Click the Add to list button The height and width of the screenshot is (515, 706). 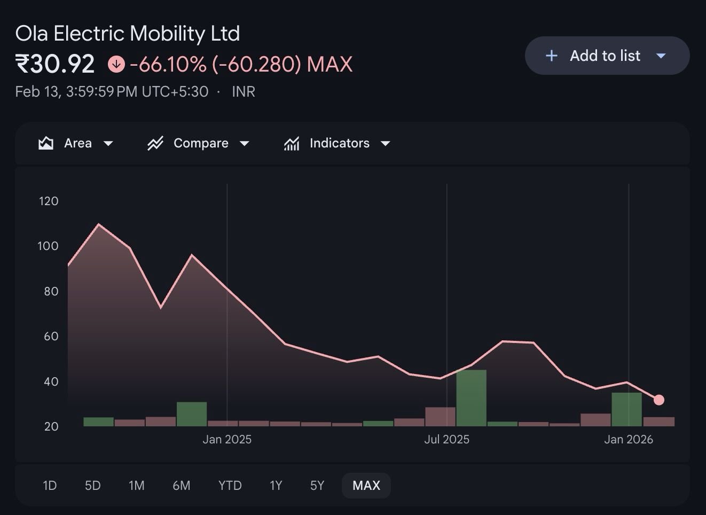point(607,56)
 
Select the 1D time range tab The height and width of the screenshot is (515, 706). point(50,485)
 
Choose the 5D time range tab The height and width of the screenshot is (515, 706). point(93,485)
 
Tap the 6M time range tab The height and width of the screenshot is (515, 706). point(182,485)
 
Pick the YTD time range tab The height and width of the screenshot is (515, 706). point(230,485)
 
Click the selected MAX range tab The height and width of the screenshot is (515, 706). point(366,485)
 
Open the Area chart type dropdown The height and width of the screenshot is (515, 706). point(76,143)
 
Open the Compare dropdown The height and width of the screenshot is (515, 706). point(199,143)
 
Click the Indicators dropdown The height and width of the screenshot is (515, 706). point(338,143)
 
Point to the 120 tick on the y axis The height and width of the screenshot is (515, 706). point(49,201)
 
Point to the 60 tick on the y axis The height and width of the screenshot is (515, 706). point(51,336)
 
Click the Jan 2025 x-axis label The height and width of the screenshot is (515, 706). point(227,439)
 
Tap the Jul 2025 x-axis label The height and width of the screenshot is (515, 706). point(447,439)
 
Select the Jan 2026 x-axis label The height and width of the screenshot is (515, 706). point(629,439)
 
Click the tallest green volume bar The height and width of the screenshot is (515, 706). point(472,397)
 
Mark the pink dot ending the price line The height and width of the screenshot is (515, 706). point(659,400)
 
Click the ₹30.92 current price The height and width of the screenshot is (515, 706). point(55,64)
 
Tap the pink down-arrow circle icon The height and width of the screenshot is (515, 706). point(116,64)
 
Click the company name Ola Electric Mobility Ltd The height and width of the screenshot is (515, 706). point(128,34)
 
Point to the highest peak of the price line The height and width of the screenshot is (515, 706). point(99,224)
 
